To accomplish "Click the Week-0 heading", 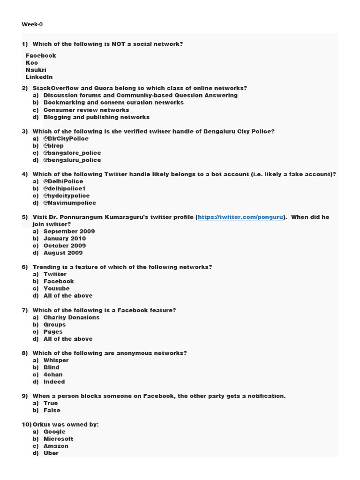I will click(32, 24).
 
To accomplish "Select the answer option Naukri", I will click(36, 70).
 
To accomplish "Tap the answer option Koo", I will click(32, 63).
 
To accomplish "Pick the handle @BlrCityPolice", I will click(66, 139).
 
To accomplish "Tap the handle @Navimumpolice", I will click(69, 203).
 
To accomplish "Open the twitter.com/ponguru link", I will click(241, 217).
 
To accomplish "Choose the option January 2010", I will click(65, 239).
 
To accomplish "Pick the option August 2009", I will click(63, 253).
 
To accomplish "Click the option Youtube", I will click(56, 289).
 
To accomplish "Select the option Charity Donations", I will click(71, 317).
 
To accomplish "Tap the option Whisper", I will click(56, 360).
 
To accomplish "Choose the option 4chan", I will click(53, 375).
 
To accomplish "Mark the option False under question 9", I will click(52, 410).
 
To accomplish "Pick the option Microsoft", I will click(58, 439).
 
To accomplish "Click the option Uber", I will click(51, 453).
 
